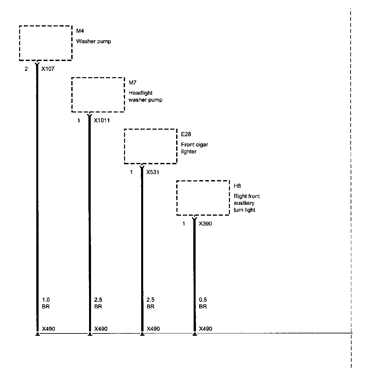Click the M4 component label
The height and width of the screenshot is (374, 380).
click(80, 31)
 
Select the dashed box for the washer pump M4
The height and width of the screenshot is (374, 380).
click(46, 43)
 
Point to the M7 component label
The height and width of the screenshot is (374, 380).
click(132, 83)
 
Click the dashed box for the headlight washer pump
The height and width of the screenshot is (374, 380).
click(98, 95)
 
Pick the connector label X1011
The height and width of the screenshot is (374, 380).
click(102, 121)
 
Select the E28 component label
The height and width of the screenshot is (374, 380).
click(186, 134)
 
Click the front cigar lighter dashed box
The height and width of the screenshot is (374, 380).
click(150, 146)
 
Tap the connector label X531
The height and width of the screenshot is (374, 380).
click(153, 172)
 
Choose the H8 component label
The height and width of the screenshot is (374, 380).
click(237, 186)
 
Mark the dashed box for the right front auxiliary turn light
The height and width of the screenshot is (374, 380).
click(203, 198)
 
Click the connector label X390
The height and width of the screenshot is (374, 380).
click(205, 224)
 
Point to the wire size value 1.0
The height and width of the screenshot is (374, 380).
click(46, 300)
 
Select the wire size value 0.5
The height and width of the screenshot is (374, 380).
click(203, 300)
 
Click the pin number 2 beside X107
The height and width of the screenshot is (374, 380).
click(26, 69)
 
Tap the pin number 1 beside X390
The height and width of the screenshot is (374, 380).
click(184, 224)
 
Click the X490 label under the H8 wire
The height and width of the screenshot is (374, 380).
click(206, 329)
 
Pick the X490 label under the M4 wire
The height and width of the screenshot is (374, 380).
click(48, 329)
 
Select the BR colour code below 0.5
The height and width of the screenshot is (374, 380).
click(203, 306)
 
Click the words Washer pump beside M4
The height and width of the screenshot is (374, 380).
click(93, 42)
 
